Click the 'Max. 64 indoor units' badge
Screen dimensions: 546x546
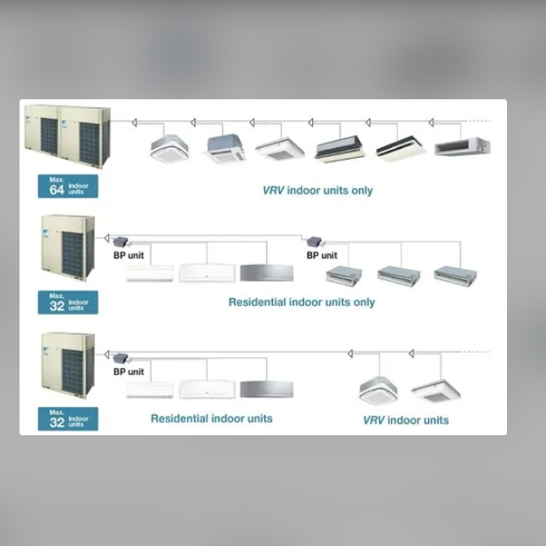coord(68,186)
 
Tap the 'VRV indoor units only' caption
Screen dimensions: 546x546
coord(317,191)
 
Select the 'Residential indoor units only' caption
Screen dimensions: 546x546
coord(301,302)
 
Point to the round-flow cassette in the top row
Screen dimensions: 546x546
coord(170,149)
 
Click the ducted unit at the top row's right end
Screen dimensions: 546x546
coord(463,146)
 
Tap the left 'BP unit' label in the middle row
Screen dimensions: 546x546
coord(129,255)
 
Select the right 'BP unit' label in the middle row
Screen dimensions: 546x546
coord(322,255)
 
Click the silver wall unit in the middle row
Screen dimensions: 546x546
coord(267,273)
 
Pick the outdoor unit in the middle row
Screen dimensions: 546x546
coord(68,248)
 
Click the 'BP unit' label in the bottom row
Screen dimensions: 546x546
coord(129,371)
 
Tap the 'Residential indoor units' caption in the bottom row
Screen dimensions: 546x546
coord(211,418)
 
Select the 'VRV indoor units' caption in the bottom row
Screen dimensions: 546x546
coord(406,420)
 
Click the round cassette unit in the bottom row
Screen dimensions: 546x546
coord(378,391)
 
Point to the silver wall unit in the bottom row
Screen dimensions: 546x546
coord(267,389)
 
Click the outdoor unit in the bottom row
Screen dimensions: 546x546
coord(68,365)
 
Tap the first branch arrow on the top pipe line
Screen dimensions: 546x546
coord(134,122)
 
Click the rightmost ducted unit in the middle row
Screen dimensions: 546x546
coord(456,276)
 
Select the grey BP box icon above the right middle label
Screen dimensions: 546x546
coord(314,241)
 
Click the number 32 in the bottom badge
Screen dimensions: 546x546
coord(57,423)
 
